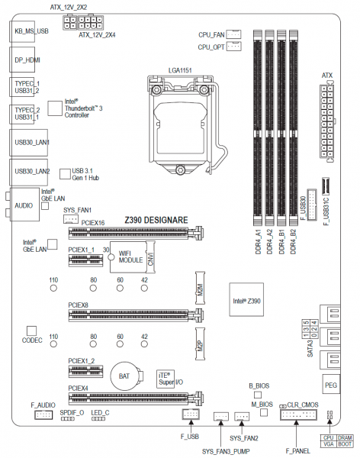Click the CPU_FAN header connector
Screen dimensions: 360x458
(x=234, y=34)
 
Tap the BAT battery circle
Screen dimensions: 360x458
(x=124, y=376)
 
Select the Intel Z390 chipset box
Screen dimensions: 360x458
(x=246, y=299)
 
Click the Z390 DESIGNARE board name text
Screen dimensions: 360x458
(x=156, y=220)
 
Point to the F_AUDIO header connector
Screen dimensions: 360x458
(x=43, y=414)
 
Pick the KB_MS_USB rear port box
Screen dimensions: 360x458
(x=22, y=31)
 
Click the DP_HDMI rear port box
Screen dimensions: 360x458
(x=22, y=60)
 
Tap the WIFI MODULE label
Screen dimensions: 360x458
(x=130, y=256)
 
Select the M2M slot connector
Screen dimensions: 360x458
(x=200, y=288)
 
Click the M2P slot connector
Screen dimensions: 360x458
(x=200, y=343)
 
